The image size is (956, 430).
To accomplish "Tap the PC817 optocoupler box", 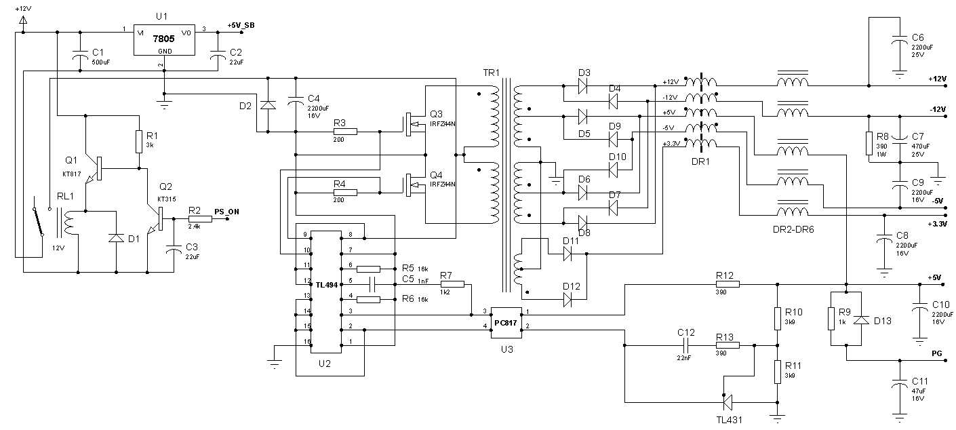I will click(x=506, y=323).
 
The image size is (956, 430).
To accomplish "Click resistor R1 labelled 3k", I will click(x=138, y=142).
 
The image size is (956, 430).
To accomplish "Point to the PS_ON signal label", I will click(x=226, y=212).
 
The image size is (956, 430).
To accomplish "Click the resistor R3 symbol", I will click(x=345, y=131).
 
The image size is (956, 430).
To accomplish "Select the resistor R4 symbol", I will click(x=345, y=192).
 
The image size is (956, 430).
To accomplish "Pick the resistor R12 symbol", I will click(x=726, y=284).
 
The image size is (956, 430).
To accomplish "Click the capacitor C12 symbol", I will click(x=686, y=345).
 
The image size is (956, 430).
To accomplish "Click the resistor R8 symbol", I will click(x=869, y=143).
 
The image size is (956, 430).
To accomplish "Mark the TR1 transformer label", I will click(x=490, y=72).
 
